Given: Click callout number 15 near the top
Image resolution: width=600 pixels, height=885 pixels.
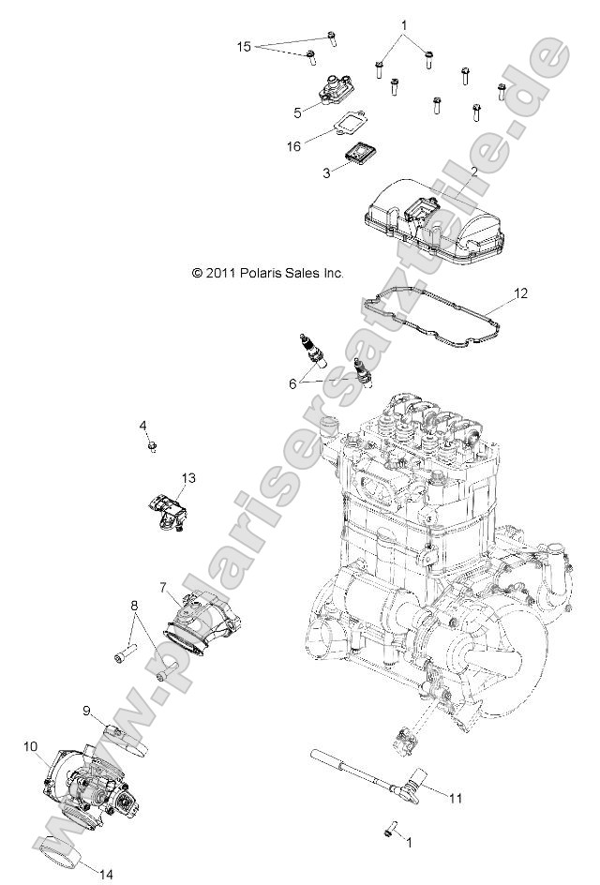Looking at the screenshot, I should tap(243, 45).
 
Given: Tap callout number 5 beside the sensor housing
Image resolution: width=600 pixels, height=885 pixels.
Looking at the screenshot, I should tap(298, 112).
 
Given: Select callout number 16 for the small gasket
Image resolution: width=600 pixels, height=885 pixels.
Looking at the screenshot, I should tap(294, 147).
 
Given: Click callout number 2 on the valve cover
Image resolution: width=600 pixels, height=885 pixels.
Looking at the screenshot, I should tap(474, 172).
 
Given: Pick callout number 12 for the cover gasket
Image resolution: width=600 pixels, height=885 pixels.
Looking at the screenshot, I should tap(521, 293).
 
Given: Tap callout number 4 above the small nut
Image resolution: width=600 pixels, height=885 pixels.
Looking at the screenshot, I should tap(143, 427).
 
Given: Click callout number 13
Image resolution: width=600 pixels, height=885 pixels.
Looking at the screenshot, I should tap(188, 478).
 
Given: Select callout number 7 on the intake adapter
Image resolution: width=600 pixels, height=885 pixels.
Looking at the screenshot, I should tap(162, 588).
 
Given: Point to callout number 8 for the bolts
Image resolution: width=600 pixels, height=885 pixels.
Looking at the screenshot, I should tap(133, 605).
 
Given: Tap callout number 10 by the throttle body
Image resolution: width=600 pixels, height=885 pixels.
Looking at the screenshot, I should tap(31, 746).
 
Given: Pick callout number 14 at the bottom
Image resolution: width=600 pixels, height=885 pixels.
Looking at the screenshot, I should tap(106, 874).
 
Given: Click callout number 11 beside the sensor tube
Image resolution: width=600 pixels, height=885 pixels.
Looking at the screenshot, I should tap(456, 799).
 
